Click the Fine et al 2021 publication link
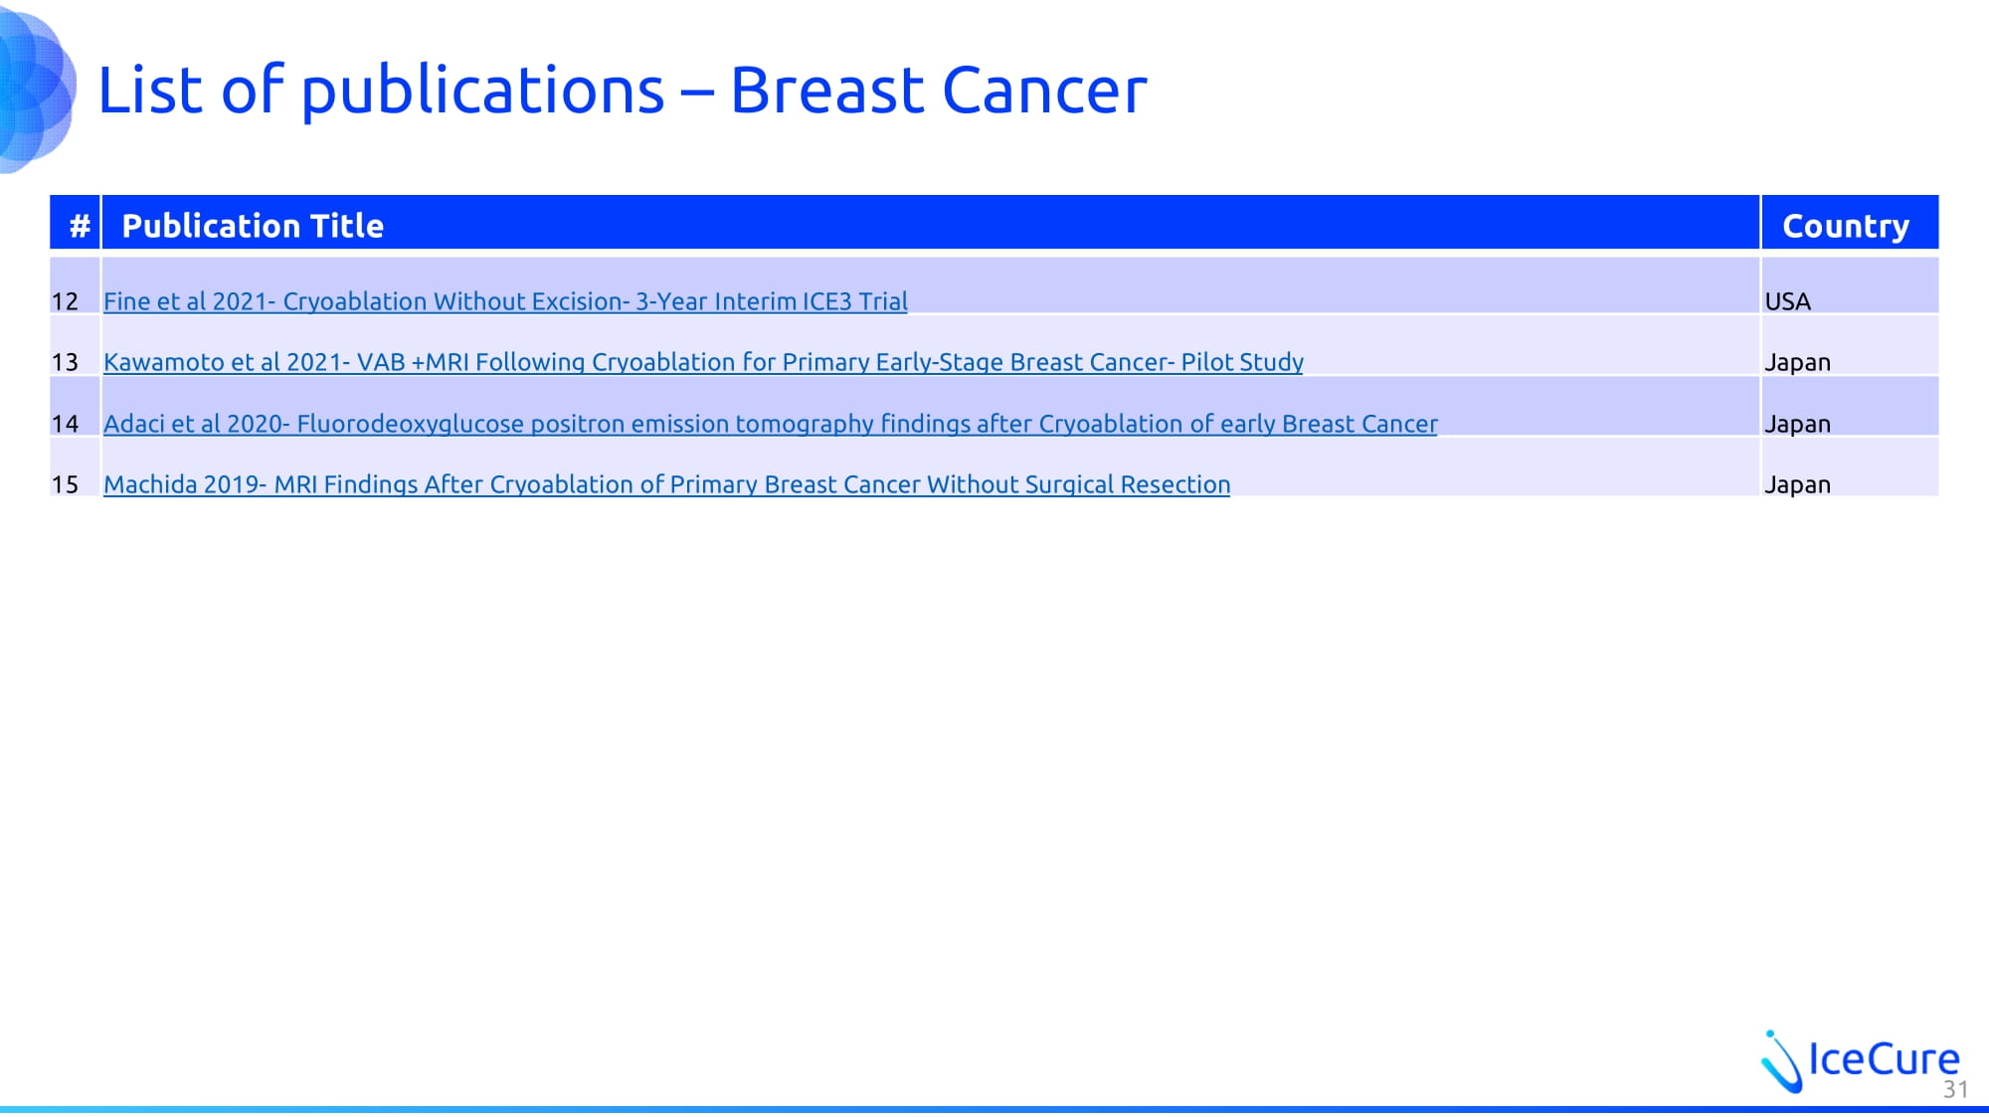tap(505, 301)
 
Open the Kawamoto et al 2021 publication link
tap(703, 362)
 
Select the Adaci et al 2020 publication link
tap(771, 424)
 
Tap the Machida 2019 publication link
tap(666, 484)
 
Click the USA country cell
tap(1787, 301)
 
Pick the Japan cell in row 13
tap(1797, 363)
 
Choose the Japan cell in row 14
tap(1797, 425)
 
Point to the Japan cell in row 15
tap(1797, 485)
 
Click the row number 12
tap(65, 301)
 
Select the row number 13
tap(65, 362)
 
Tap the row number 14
tap(65, 424)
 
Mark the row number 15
tap(65, 484)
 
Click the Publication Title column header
tap(253, 226)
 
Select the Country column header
tap(1846, 227)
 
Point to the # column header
tap(80, 226)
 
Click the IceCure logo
tap(1860, 1060)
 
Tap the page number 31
tap(1955, 1089)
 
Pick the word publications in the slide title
tap(482, 93)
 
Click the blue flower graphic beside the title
tap(37, 87)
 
